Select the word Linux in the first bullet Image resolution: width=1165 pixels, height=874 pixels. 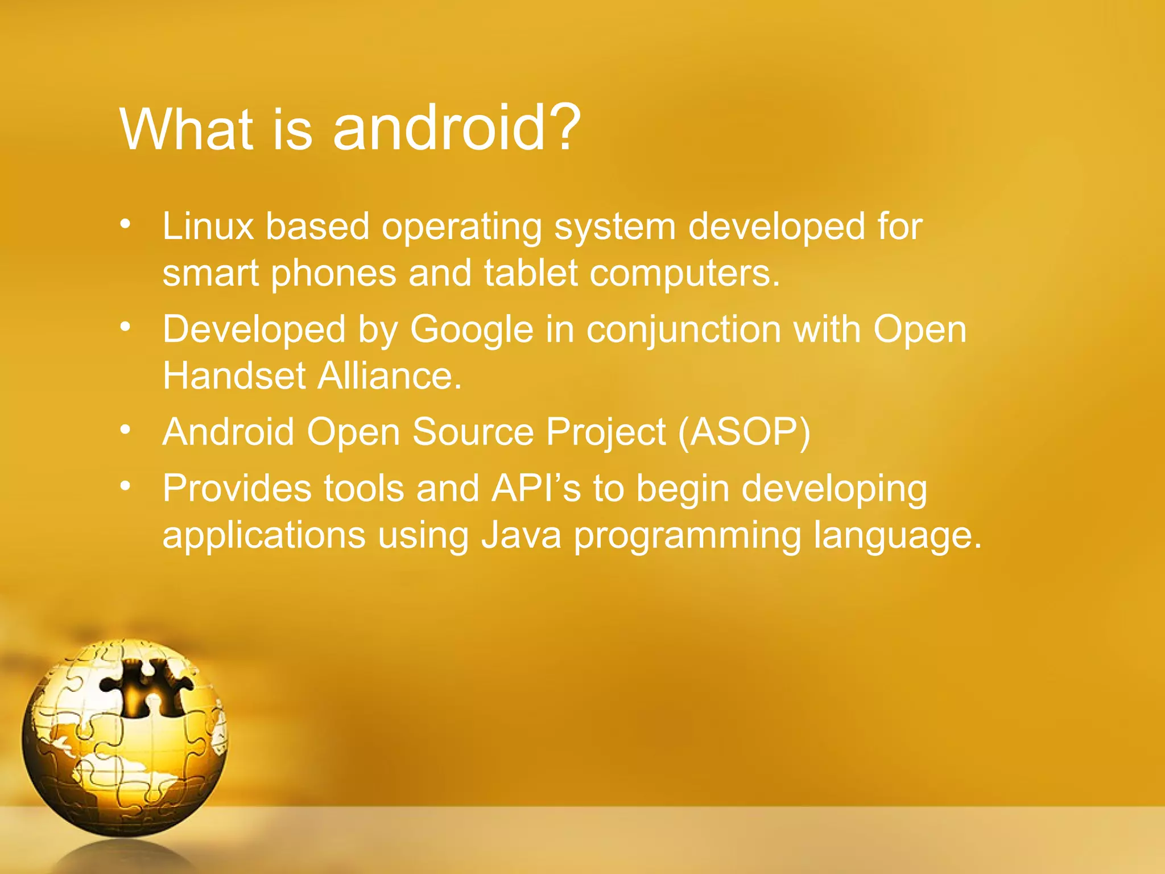point(208,226)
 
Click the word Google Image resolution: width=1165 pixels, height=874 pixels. point(472,330)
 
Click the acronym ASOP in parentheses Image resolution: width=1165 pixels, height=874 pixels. point(745,432)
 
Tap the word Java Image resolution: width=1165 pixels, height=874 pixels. point(521,535)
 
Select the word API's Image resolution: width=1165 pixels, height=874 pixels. point(536,489)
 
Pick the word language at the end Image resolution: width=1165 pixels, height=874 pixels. point(897,535)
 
